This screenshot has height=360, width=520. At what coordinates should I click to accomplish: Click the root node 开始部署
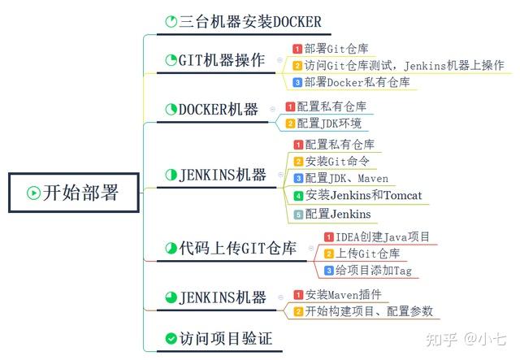pyautogui.click(x=72, y=193)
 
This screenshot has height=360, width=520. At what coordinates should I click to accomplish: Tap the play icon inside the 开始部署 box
pyautogui.click(x=33, y=193)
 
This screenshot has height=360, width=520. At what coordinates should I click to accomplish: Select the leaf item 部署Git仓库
pyautogui.click(x=332, y=48)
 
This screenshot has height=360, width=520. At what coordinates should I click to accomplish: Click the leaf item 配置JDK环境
pyautogui.click(x=329, y=124)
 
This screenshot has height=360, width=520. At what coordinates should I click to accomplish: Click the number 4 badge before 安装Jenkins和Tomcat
pyautogui.click(x=298, y=196)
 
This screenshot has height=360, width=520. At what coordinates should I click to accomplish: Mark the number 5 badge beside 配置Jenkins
pyautogui.click(x=298, y=214)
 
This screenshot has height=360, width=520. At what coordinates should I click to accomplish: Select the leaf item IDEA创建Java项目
pyautogui.click(x=371, y=236)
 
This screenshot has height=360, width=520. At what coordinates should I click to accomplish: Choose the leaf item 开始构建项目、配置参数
pyautogui.click(x=369, y=311)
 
